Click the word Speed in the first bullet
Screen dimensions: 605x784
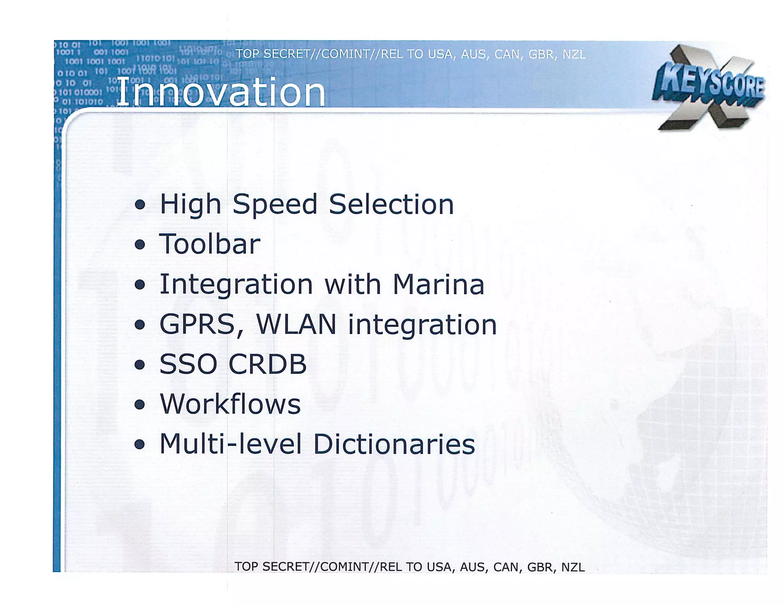point(275,204)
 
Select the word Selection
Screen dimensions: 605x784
point(391,204)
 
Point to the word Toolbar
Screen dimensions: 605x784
point(210,244)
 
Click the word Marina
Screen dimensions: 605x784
point(438,285)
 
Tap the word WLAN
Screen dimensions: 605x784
point(296,325)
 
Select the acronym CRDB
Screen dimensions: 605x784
point(268,364)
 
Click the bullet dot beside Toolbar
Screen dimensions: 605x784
point(140,245)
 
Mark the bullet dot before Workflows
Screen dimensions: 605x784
point(140,405)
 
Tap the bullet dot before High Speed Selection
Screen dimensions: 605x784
point(140,205)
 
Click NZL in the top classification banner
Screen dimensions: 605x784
point(574,55)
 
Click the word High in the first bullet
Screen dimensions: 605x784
point(190,204)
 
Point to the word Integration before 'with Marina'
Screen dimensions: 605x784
point(236,285)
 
